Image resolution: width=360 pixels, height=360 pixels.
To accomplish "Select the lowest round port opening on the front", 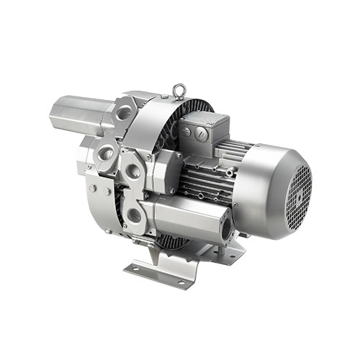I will [x=135, y=215].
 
